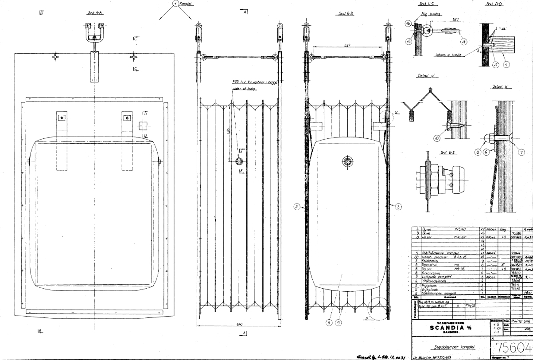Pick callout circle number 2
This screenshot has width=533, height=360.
pyautogui.click(x=296, y=206)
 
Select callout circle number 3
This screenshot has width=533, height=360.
pyautogui.click(x=398, y=206)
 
